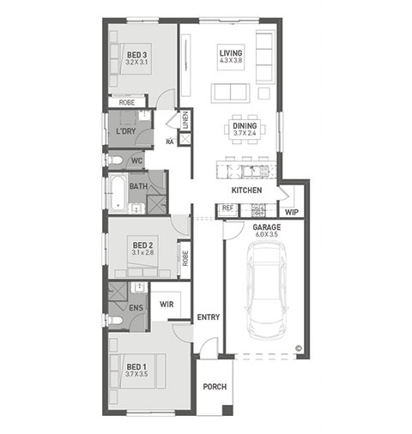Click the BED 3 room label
tap(136, 58)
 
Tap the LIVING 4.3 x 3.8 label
tap(231, 57)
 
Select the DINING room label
tap(245, 129)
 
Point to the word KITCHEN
tap(246, 190)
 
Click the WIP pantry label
tap(292, 212)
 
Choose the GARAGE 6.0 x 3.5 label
tap(267, 231)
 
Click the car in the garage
tap(267, 290)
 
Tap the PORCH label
tap(215, 387)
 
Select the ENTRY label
tap(209, 316)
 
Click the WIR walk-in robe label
tap(167, 304)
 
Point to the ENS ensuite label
tap(136, 308)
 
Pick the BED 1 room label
tap(136, 370)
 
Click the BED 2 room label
tap(142, 249)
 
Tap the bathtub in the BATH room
tap(118, 193)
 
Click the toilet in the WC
tap(115, 160)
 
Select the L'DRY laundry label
tap(125, 131)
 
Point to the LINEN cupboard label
tap(185, 120)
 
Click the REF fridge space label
tap(227, 208)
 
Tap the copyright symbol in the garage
tap(299, 348)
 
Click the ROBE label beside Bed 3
tap(127, 102)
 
